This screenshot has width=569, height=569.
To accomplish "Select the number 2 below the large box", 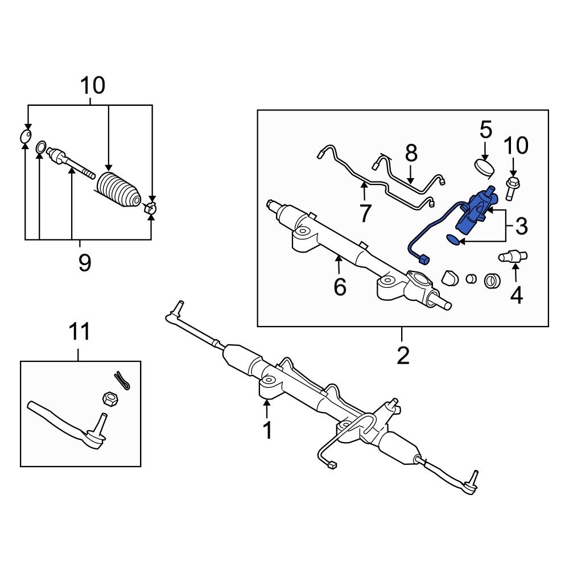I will (402, 356).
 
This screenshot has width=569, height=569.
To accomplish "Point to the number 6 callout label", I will (340, 287).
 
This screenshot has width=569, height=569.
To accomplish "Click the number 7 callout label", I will (365, 213).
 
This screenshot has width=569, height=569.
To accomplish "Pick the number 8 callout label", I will (411, 153).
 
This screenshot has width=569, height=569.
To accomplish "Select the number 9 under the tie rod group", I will (85, 263).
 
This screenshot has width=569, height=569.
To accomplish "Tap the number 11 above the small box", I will (80, 331).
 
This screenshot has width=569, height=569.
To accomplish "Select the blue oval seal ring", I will (453, 241).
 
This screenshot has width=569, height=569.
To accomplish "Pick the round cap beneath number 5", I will (485, 168).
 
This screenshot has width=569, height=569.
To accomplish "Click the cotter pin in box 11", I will (122, 380).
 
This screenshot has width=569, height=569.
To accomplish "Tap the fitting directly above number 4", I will (513, 257).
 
